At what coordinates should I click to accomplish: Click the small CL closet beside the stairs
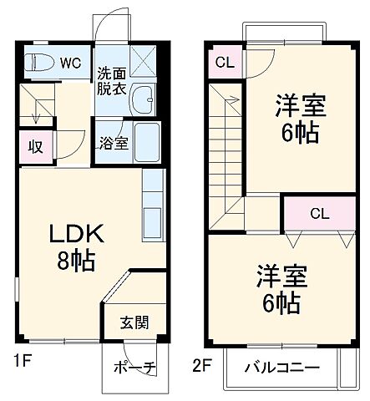point(224,63)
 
